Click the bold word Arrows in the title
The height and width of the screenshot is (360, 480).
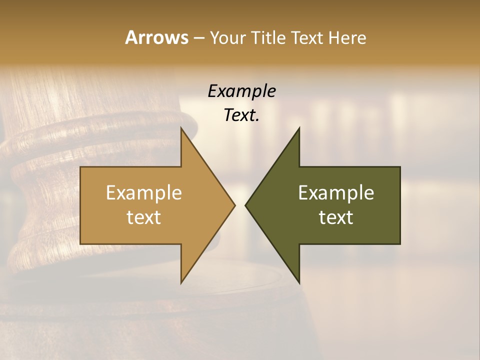click(x=156, y=38)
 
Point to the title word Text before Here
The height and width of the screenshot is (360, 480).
click(x=309, y=38)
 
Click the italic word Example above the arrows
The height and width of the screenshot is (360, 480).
click(x=241, y=91)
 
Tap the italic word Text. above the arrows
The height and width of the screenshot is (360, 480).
click(x=241, y=115)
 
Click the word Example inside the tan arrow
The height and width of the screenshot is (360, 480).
click(x=143, y=193)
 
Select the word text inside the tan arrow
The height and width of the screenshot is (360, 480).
click(x=143, y=217)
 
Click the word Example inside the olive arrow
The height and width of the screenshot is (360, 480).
click(x=336, y=193)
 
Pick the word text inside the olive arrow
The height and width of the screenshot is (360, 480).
click(x=336, y=217)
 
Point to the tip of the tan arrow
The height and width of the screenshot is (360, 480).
click(x=234, y=205)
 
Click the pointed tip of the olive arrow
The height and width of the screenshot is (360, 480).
click(x=245, y=205)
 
